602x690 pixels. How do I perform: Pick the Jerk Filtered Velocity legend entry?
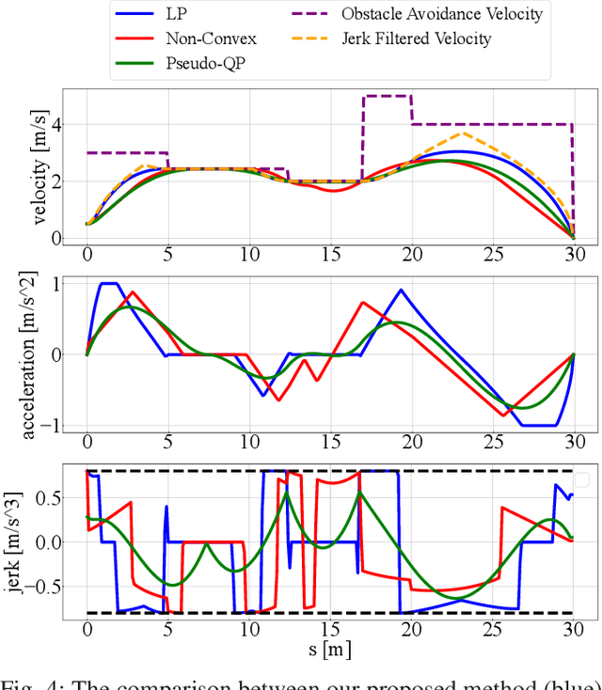(x=418, y=39)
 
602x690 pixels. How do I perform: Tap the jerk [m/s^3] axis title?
(x=29, y=542)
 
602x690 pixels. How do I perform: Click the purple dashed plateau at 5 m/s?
(x=387, y=96)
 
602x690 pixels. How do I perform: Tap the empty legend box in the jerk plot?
(x=581, y=479)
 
